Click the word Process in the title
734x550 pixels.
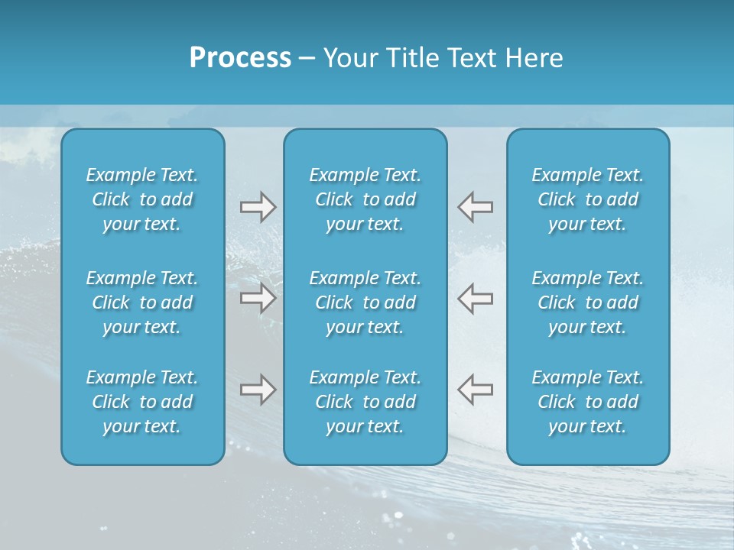[x=240, y=58]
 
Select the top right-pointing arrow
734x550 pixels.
[x=258, y=207]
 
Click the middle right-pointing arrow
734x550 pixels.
[x=258, y=299]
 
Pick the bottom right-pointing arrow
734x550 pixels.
[x=258, y=390]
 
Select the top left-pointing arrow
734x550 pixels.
[x=476, y=207]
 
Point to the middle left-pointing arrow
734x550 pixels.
[x=476, y=299]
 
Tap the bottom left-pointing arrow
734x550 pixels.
[x=476, y=390]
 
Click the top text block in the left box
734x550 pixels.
[x=142, y=199]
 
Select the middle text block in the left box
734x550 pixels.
[x=142, y=302]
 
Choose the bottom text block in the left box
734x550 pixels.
[x=142, y=402]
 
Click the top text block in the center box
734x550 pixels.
[x=365, y=199]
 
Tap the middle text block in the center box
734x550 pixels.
[x=365, y=302]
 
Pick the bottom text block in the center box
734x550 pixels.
[x=365, y=402]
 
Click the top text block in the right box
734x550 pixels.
[x=588, y=199]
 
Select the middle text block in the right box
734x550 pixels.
[x=588, y=302]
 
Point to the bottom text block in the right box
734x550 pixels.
[x=588, y=402]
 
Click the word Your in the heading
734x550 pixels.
[x=348, y=58]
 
